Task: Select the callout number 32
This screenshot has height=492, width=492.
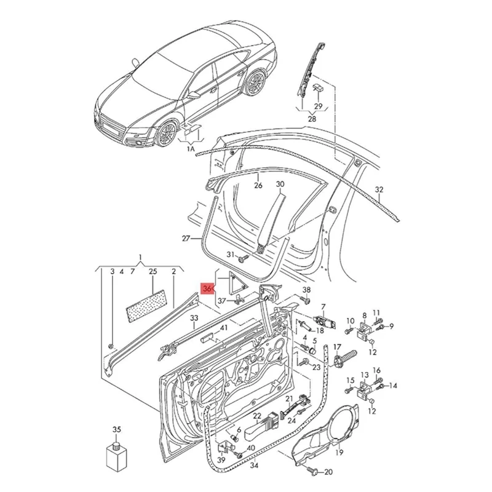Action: [379, 189]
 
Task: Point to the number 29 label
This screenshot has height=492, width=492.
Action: [318, 105]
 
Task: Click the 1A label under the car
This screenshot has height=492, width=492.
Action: [191, 148]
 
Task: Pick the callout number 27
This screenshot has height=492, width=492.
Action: [186, 239]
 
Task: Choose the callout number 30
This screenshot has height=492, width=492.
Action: [280, 184]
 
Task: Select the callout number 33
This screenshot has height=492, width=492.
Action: [194, 318]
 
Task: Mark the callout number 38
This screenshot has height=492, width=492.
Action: [307, 290]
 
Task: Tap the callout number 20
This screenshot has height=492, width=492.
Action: [328, 472]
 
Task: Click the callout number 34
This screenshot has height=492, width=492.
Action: [254, 465]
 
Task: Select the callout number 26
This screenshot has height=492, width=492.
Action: [258, 184]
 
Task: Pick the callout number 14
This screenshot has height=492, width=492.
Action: [393, 386]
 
